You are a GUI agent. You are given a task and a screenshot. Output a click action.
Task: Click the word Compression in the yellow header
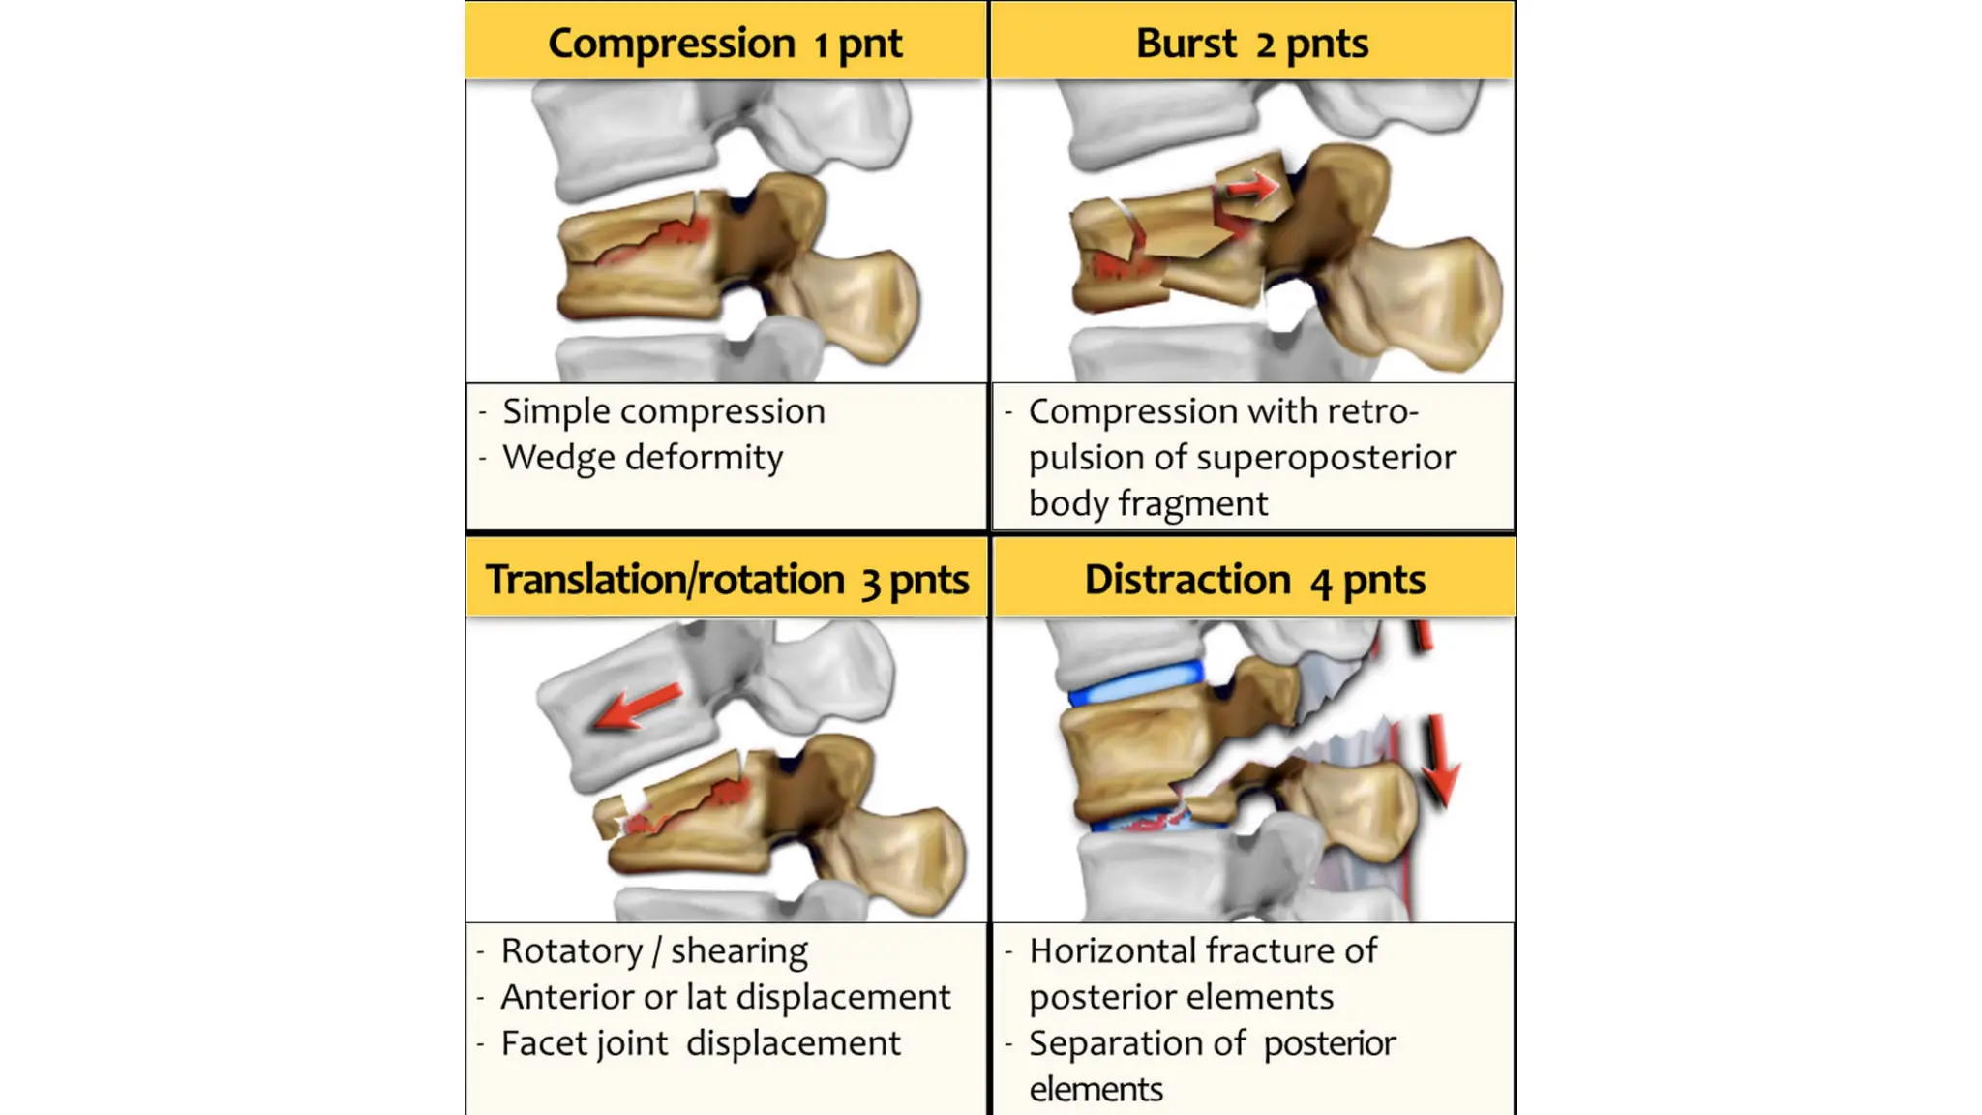point(671,44)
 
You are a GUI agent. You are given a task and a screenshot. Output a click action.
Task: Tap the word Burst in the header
point(1186,44)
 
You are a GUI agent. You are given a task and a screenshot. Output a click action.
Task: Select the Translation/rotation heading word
point(665,580)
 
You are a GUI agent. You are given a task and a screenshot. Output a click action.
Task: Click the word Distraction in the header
point(1186,580)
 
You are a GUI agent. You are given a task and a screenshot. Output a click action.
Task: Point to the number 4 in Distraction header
point(1321,582)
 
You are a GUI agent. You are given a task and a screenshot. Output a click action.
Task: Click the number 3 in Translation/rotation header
point(871,582)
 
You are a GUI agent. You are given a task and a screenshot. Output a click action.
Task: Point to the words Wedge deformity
point(643,457)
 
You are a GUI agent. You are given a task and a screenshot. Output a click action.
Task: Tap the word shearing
point(738,950)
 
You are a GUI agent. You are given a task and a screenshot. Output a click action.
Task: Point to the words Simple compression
point(663,411)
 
